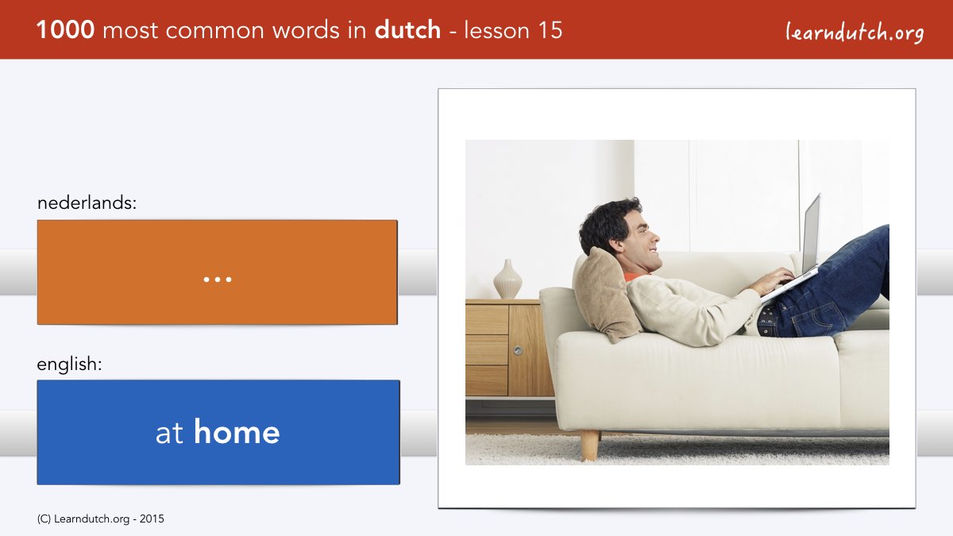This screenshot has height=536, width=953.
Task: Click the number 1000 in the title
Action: [65, 30]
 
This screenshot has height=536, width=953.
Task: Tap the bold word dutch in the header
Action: [407, 30]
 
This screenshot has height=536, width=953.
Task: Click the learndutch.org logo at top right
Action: [855, 33]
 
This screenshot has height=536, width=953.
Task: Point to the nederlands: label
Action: [87, 202]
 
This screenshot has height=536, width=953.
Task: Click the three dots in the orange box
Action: [218, 280]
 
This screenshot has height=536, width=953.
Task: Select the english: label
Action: [69, 364]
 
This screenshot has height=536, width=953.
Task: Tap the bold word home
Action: [237, 432]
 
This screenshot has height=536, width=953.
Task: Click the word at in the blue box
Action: [169, 433]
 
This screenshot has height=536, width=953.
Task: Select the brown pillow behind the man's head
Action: [604, 295]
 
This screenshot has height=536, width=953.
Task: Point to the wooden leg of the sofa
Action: [589, 445]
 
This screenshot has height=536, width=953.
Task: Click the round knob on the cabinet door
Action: [518, 350]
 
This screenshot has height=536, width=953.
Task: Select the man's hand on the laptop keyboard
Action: [772, 281]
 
